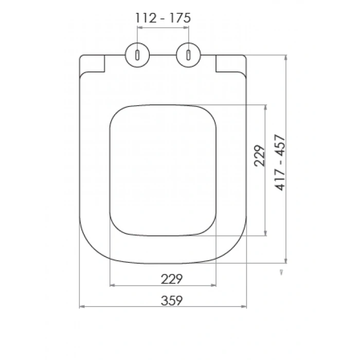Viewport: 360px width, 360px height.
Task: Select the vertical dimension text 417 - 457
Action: pyautogui.click(x=281, y=163)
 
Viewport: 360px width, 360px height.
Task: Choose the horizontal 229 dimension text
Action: pyautogui.click(x=172, y=279)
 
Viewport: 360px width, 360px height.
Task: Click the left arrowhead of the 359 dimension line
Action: pyautogui.click(x=81, y=308)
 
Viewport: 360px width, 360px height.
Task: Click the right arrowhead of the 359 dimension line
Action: pyautogui.click(x=245, y=308)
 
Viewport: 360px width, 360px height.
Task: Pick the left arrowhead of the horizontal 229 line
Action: pyautogui.click(x=113, y=284)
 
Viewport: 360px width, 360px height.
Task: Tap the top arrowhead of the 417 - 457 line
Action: pyautogui.click(x=285, y=56)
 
